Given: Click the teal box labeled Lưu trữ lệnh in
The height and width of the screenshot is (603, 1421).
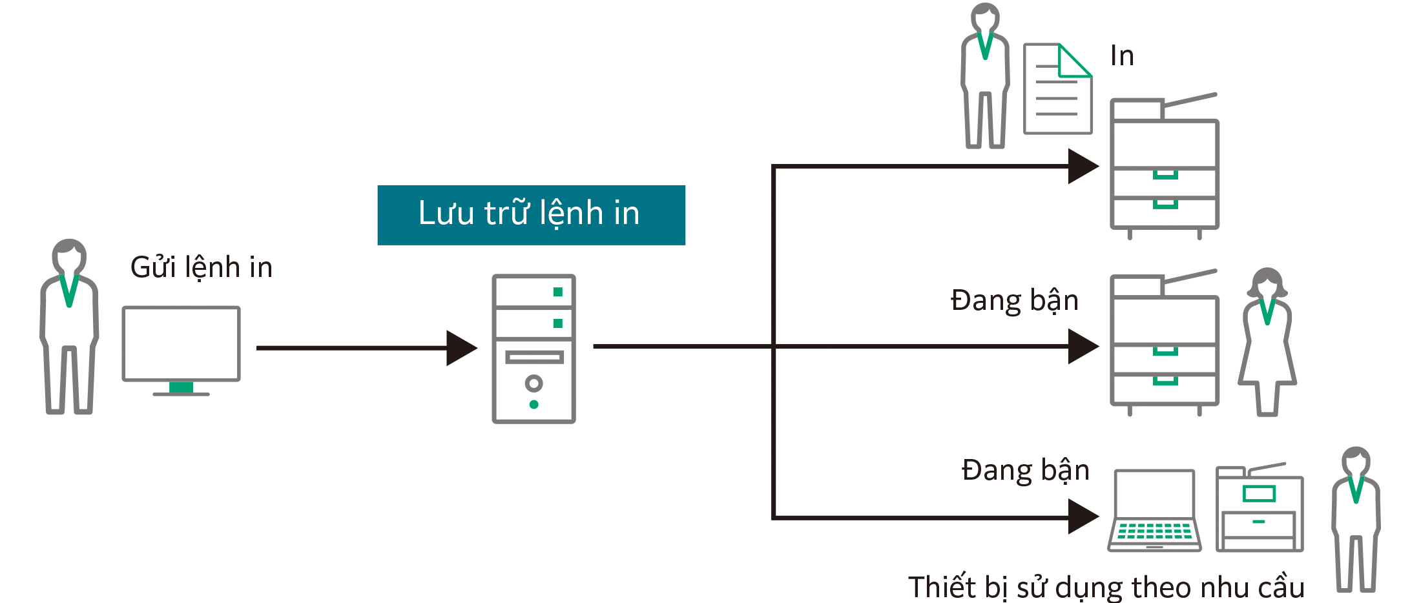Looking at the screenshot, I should tap(531, 214).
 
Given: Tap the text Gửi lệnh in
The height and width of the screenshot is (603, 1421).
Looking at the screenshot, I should tap(201, 267).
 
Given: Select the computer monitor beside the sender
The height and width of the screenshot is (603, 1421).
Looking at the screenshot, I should tap(181, 343).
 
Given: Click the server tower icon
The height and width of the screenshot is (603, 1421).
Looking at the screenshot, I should tap(534, 349).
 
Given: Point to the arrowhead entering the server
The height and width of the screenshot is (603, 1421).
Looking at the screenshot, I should tap(461, 348).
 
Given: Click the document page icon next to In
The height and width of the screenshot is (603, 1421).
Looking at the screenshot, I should tap(1057, 89).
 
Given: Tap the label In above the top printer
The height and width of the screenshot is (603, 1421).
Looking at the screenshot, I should tap(1122, 56).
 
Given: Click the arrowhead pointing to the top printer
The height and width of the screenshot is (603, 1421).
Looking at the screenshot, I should tap(1083, 167).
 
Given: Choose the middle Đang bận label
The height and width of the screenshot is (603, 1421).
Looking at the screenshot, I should tap(1014, 301).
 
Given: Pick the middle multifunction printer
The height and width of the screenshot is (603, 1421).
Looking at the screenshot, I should tap(1164, 342).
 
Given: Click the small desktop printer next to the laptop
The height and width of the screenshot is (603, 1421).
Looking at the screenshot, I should tap(1259, 509).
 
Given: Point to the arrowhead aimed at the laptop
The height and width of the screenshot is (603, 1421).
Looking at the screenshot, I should tap(1083, 516).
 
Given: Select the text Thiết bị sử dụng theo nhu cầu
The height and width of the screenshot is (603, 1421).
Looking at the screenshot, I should tap(1106, 588).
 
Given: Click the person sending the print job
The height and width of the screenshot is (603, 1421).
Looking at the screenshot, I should tap(69, 327).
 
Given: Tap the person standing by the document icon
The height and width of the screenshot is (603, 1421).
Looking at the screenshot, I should tap(985, 76).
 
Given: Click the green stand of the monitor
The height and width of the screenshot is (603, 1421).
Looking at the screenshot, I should tap(181, 387).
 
